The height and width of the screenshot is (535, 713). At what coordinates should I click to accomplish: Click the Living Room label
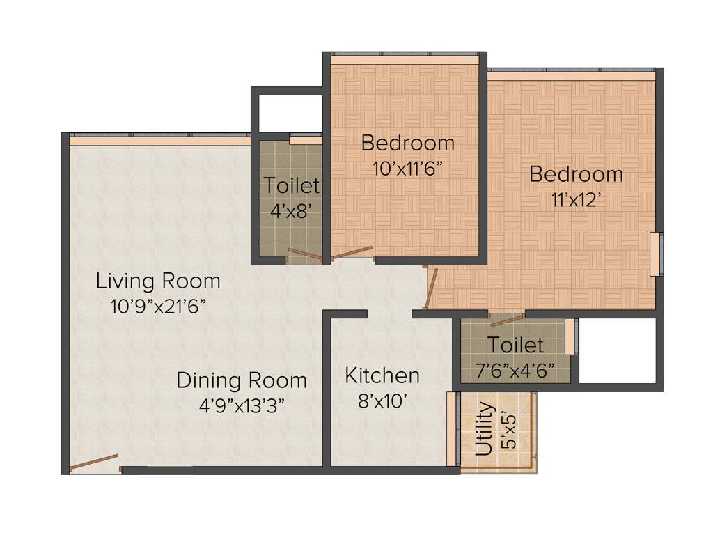[158, 281]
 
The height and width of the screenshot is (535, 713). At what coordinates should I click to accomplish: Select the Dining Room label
[241, 380]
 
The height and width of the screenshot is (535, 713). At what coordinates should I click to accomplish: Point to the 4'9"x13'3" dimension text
[241, 404]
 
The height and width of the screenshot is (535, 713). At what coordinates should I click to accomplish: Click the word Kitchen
[382, 376]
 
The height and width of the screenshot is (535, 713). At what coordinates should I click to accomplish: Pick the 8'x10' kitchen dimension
[382, 401]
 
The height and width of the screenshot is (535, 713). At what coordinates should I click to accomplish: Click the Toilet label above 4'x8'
[291, 186]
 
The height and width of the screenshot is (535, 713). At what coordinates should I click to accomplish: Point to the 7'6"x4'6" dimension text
[515, 370]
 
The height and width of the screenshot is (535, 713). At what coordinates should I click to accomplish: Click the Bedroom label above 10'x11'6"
[407, 144]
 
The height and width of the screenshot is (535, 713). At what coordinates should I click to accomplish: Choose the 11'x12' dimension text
[575, 200]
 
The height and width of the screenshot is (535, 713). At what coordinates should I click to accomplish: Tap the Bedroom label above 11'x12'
[576, 174]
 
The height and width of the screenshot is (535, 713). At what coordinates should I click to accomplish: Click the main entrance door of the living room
[95, 463]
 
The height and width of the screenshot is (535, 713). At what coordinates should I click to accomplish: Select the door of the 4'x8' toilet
[305, 254]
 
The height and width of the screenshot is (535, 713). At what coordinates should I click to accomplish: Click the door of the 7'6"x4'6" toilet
[507, 320]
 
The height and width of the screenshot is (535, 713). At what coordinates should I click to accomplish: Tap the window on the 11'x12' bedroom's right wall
[655, 254]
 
